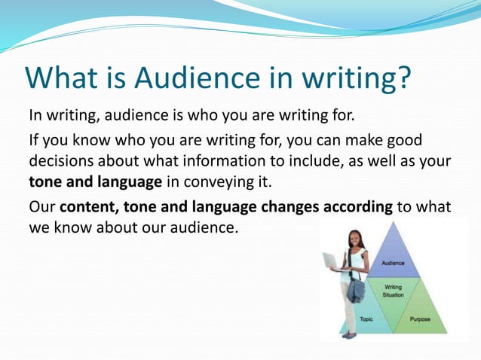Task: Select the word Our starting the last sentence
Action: point(41,209)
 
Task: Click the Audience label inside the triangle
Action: point(392,263)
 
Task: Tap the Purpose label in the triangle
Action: point(420,319)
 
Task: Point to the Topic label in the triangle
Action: point(366,319)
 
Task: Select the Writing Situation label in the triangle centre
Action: point(393,291)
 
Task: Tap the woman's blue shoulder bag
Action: point(356,291)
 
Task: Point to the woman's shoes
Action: point(348,334)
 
